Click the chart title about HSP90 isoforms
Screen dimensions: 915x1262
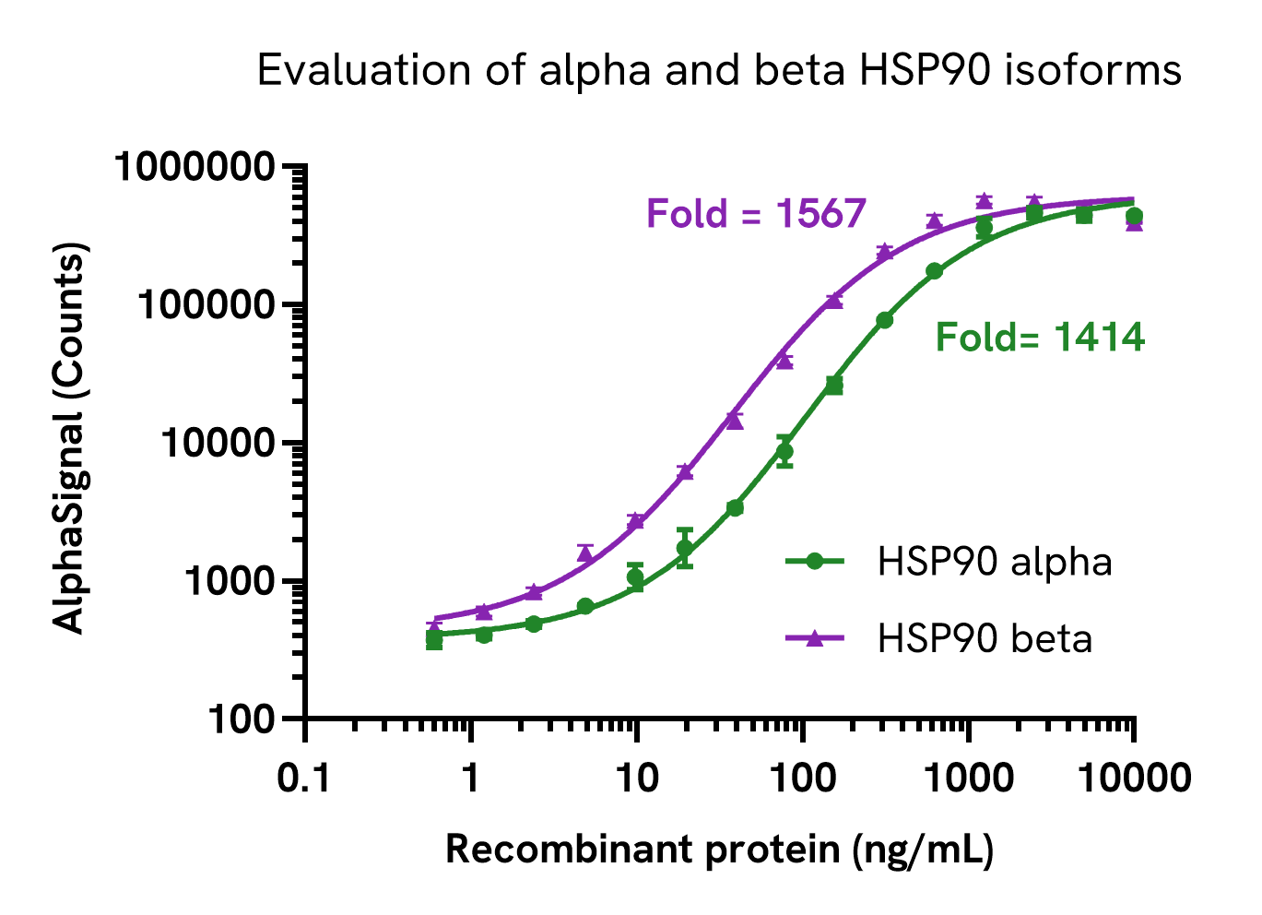point(719,71)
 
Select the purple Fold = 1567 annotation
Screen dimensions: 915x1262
point(756,214)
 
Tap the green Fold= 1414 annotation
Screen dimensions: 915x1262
point(1040,338)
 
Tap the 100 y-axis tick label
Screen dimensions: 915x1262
point(241,719)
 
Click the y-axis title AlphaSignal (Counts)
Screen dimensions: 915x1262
point(69,438)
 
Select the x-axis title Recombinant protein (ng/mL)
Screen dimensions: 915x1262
point(719,850)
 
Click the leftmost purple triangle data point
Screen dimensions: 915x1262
point(434,624)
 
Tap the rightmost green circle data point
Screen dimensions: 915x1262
point(1134,217)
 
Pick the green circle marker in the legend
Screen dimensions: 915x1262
point(814,561)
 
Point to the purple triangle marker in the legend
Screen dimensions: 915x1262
point(814,638)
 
